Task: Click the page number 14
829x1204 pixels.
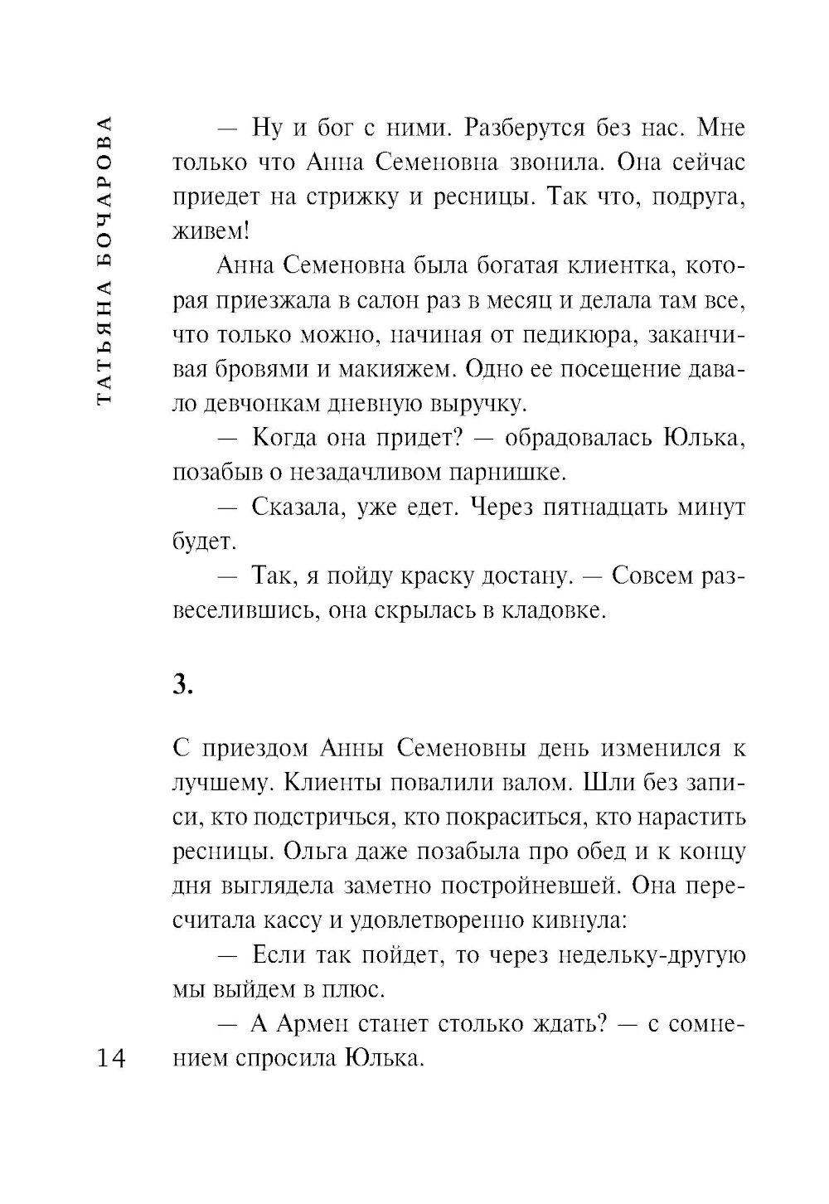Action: (x=109, y=1058)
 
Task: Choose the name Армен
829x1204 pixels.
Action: (x=309, y=1024)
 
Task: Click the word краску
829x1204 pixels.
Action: (x=443, y=576)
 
